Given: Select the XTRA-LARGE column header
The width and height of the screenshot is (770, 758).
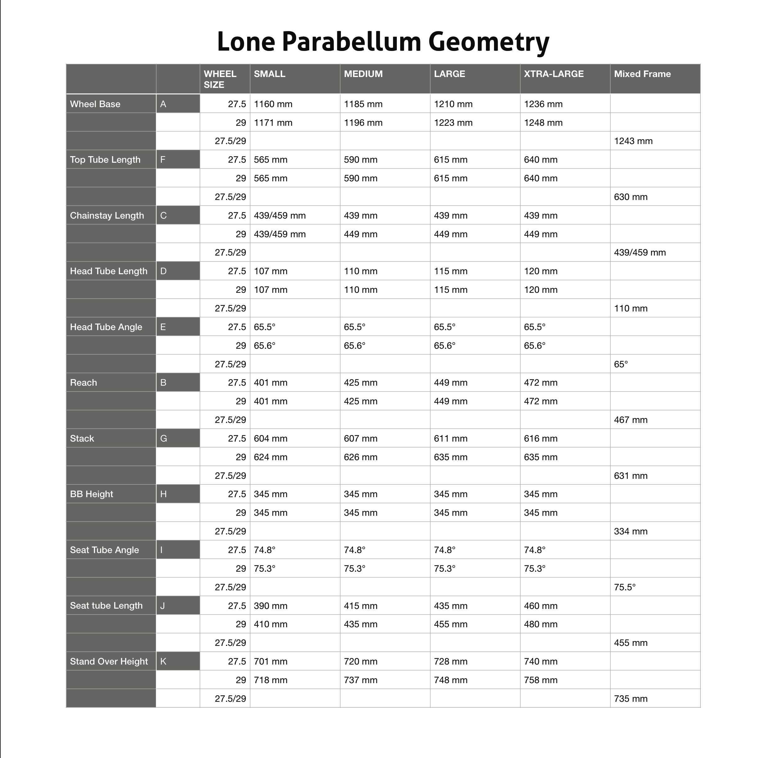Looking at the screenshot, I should pos(553,74).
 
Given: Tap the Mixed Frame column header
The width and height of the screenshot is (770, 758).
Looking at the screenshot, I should pos(642,74).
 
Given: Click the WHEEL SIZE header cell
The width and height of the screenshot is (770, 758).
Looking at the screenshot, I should pos(220,79).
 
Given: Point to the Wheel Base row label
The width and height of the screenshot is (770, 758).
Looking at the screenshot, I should pos(95,104).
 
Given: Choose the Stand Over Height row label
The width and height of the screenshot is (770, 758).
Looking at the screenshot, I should pos(109,661).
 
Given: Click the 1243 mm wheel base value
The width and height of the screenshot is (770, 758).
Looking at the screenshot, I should pos(633,141).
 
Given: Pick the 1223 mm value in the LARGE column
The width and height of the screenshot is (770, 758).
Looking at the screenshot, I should pos(453,123).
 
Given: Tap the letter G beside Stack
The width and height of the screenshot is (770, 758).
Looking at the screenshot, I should pos(163,439).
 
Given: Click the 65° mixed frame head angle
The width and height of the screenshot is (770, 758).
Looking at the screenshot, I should pos(621,364).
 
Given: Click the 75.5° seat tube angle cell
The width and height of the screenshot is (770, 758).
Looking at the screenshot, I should pos(624,587).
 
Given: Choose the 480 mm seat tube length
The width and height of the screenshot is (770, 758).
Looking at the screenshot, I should pos(540,624).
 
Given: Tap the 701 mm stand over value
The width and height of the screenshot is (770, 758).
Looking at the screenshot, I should pos(270,661).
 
